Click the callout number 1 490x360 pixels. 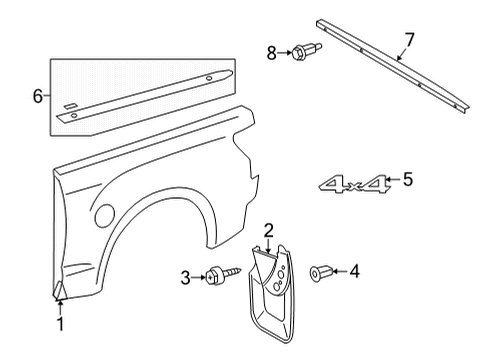click(60, 324)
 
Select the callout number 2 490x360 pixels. click(268, 230)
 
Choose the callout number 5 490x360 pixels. click(407, 180)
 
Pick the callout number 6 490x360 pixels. click(39, 96)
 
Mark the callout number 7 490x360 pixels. click(407, 41)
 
